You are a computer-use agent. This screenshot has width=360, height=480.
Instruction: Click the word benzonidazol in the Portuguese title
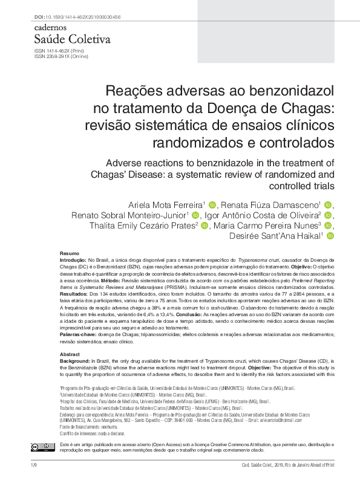pos(287,91)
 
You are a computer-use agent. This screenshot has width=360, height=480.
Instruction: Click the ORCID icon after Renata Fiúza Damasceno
pos(329,204)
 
